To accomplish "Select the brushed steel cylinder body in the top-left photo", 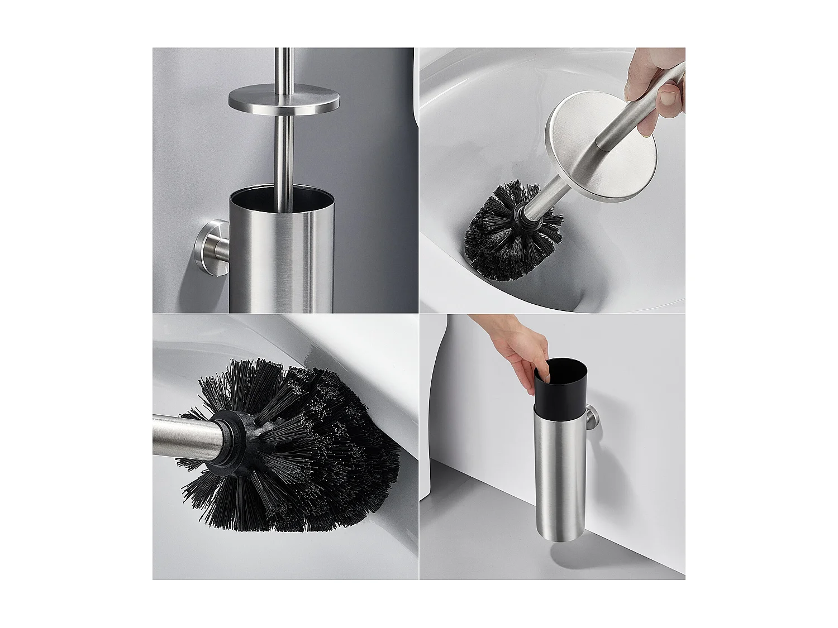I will (282, 262).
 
